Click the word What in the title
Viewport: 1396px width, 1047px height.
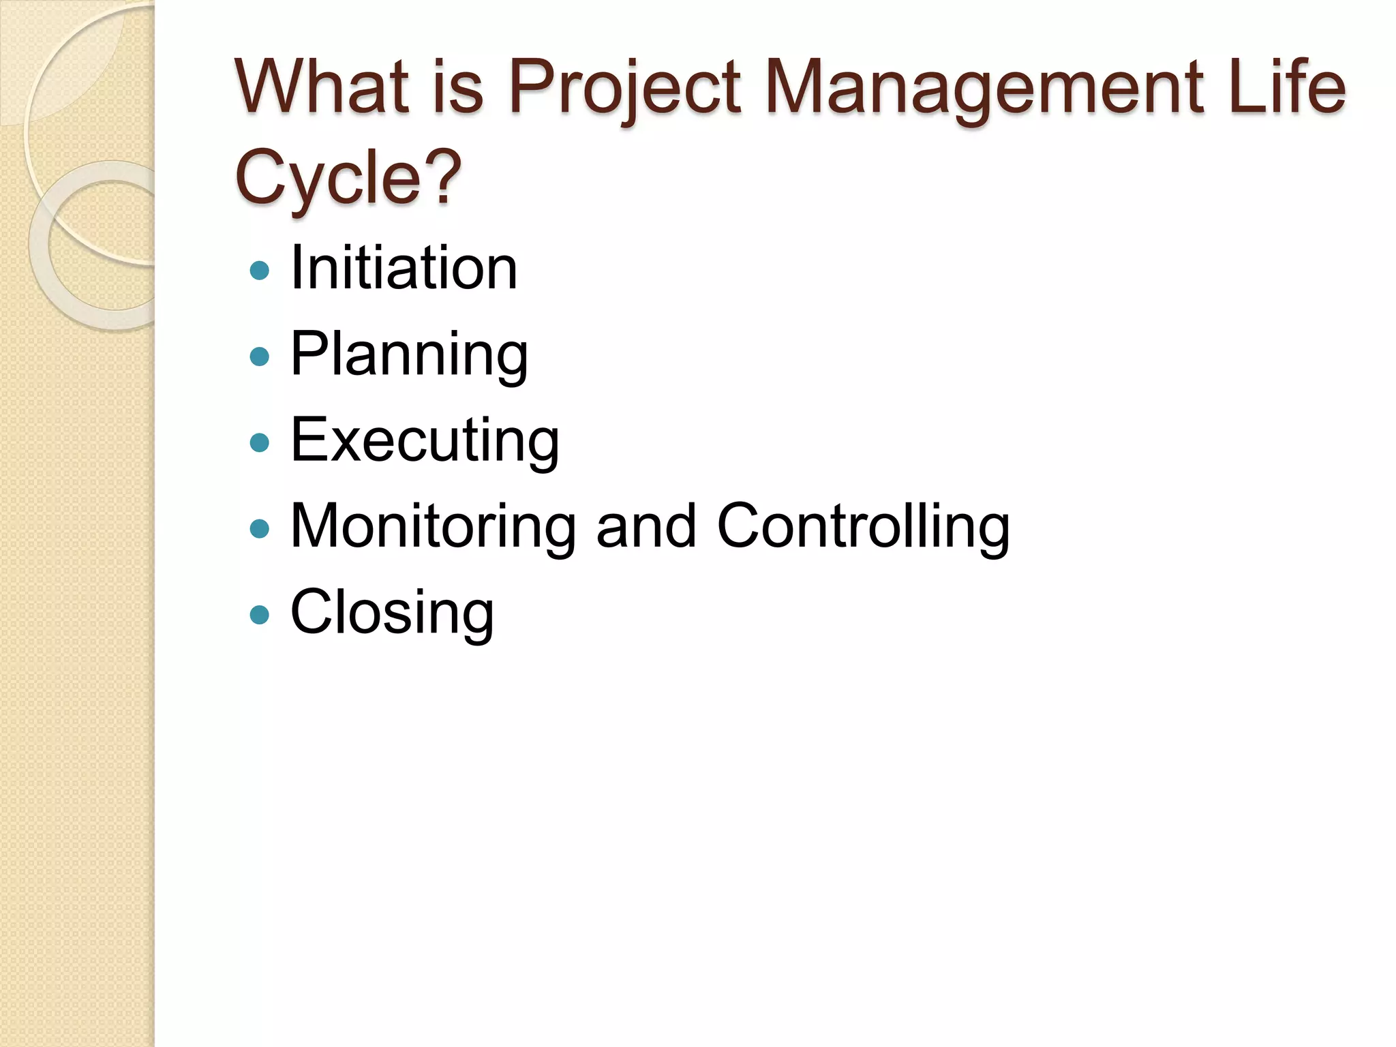pyautogui.click(x=321, y=87)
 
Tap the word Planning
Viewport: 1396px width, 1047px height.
pyautogui.click(x=409, y=354)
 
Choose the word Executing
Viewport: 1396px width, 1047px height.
pyautogui.click(x=425, y=440)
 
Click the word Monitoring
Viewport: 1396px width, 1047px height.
pyautogui.click(x=434, y=526)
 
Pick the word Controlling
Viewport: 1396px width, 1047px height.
pyautogui.click(x=863, y=526)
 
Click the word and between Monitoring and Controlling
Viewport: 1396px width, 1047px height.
pyautogui.click(x=646, y=526)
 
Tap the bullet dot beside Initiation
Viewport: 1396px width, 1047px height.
pyautogui.click(x=260, y=271)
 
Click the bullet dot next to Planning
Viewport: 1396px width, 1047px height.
pyautogui.click(x=260, y=356)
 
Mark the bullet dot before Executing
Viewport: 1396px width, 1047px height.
pyautogui.click(x=260, y=443)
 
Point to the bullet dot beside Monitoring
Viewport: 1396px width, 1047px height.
pyautogui.click(x=260, y=529)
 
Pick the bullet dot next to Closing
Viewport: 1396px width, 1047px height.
pyautogui.click(x=260, y=615)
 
